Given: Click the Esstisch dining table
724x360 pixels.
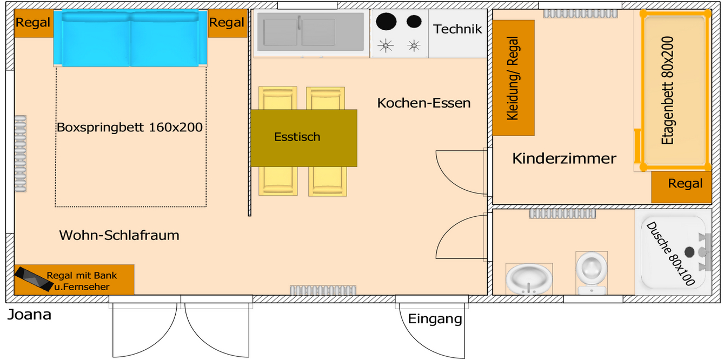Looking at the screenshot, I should pyautogui.click(x=303, y=138).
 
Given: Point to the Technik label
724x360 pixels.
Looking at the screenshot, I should pyautogui.click(x=457, y=29).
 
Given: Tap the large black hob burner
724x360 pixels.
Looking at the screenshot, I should pyautogui.click(x=387, y=22).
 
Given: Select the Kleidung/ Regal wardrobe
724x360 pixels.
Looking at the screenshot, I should pyautogui.click(x=513, y=78).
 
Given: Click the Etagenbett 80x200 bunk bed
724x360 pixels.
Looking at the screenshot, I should pyautogui.click(x=675, y=90).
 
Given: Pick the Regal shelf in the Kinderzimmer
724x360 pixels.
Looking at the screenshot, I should pyautogui.click(x=685, y=184).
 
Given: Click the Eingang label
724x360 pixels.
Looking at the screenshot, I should pyautogui.click(x=435, y=319).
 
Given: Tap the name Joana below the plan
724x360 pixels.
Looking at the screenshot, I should pyautogui.click(x=29, y=315).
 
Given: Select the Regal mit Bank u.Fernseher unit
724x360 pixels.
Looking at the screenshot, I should pyautogui.click(x=81, y=281).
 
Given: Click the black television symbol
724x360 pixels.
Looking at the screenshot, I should pyautogui.click(x=33, y=279).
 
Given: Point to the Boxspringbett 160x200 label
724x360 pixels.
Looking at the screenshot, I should pyautogui.click(x=130, y=128).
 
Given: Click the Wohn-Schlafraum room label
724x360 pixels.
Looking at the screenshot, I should pyautogui.click(x=119, y=236).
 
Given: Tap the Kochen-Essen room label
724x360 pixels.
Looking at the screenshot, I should pyautogui.click(x=423, y=103).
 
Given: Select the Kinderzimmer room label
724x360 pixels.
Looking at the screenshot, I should pyautogui.click(x=564, y=159).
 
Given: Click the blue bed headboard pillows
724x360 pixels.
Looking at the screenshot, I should pyautogui.click(x=130, y=38).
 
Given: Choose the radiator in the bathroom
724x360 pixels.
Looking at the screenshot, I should pyautogui.click(x=562, y=214).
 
